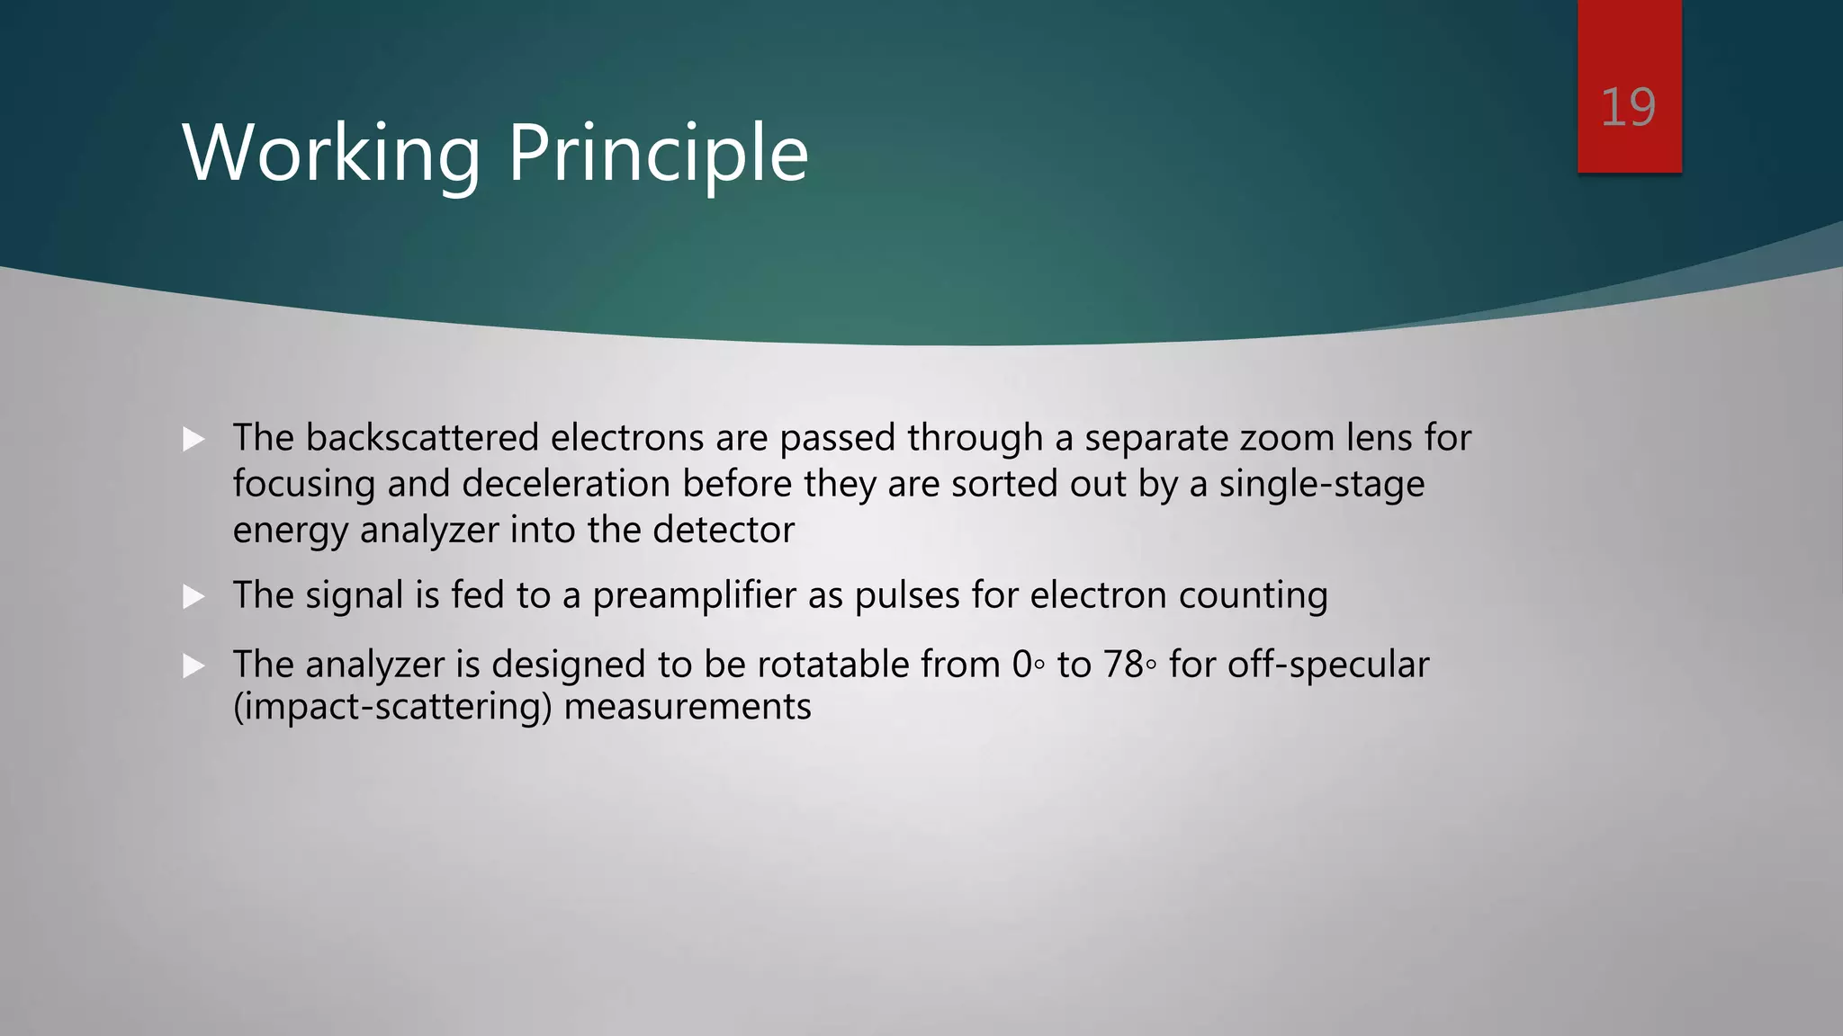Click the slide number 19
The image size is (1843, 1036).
pos(1628,108)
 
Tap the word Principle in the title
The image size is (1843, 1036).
pos(658,154)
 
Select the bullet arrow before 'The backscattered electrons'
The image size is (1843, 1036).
pos(193,440)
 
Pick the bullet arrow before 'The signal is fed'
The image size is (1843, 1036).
pos(193,597)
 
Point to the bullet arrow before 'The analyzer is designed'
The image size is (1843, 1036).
pos(193,666)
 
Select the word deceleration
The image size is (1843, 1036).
pos(566,484)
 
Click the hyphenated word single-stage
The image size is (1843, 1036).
pos(1322,484)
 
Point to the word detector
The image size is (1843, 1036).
pos(724,530)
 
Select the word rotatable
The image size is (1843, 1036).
pos(833,665)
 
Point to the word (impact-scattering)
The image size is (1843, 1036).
pos(392,707)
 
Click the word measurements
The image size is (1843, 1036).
pos(688,707)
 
